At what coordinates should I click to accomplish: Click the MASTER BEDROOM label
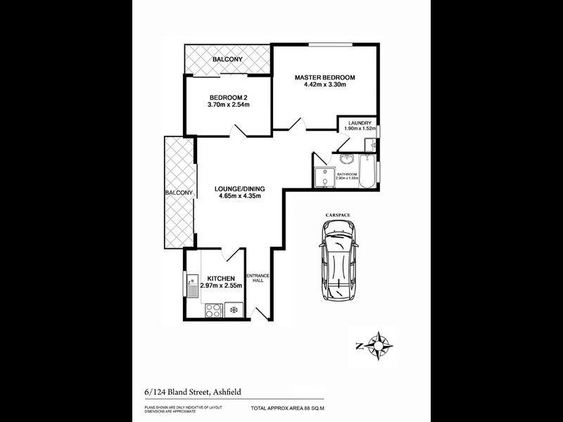click(324, 77)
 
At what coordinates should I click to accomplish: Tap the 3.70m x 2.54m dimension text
click(229, 105)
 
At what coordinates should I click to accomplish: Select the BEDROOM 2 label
click(229, 98)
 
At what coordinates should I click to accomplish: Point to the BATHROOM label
click(348, 174)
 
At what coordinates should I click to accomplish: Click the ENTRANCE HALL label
click(257, 279)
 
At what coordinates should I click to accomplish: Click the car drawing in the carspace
click(339, 260)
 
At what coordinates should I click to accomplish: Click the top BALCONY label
click(228, 59)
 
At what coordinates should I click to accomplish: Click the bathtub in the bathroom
click(369, 172)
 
